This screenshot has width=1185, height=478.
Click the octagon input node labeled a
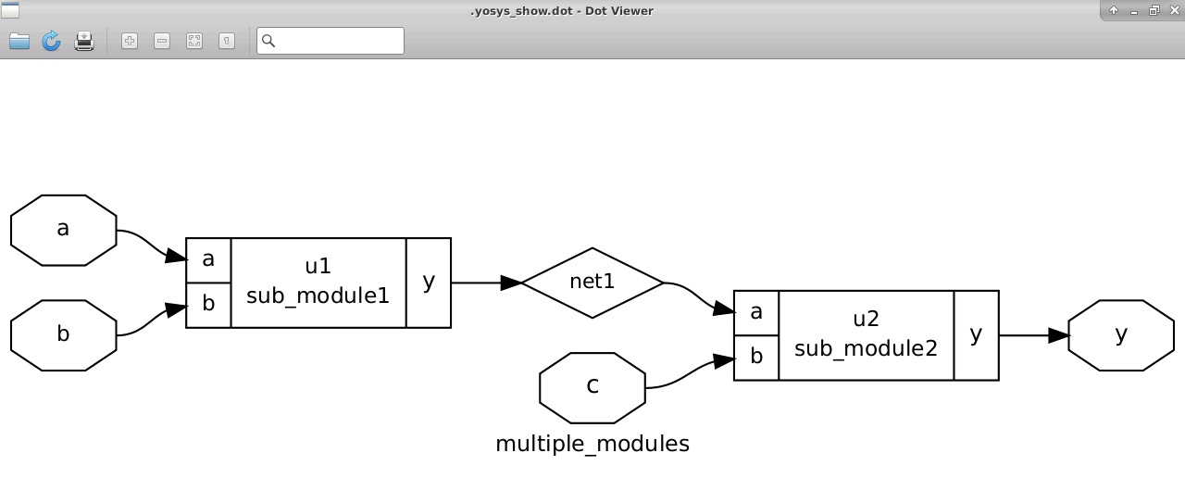(63, 231)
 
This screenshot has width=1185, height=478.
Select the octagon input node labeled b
(63, 335)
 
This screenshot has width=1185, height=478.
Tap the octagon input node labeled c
(592, 387)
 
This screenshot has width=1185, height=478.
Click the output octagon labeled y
(1120, 335)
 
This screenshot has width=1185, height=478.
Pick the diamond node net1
(592, 283)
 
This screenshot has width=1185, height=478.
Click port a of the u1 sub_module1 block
(208, 260)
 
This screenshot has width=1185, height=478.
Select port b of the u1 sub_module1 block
(208, 305)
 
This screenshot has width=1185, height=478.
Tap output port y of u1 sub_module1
(429, 283)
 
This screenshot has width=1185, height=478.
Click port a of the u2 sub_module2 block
(756, 313)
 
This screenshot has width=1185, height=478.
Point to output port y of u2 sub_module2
(976, 335)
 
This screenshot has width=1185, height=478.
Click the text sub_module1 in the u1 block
(318, 296)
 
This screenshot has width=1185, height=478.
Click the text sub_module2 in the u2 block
(866, 349)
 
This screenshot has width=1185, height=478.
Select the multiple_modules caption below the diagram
(592, 445)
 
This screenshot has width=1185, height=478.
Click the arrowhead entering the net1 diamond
(511, 283)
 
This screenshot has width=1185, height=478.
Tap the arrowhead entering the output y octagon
(1058, 335)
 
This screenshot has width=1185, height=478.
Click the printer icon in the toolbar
(84, 41)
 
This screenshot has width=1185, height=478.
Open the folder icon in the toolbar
(19, 41)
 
